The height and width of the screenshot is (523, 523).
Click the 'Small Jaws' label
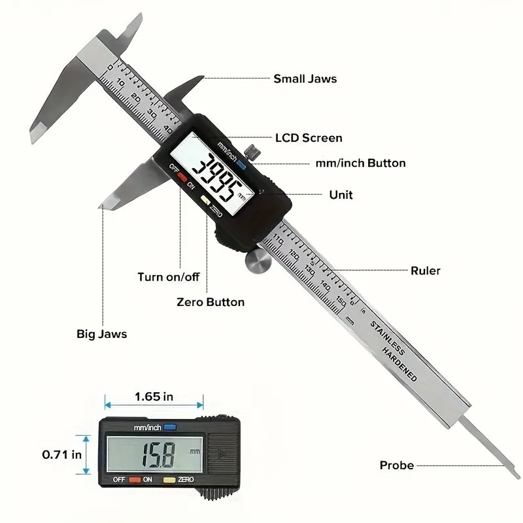click(305, 78)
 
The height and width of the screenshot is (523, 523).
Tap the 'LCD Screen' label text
click(309, 138)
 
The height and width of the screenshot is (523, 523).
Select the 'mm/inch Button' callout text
click(361, 163)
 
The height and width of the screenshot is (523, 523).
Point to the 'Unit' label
click(341, 194)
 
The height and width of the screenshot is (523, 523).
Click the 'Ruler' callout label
click(426, 271)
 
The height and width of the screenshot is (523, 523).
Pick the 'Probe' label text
click(397, 465)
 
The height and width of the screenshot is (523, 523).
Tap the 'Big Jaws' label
click(102, 334)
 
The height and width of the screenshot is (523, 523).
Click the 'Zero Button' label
click(211, 302)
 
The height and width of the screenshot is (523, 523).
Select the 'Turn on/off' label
click(169, 277)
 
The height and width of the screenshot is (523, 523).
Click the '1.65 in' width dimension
click(154, 397)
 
